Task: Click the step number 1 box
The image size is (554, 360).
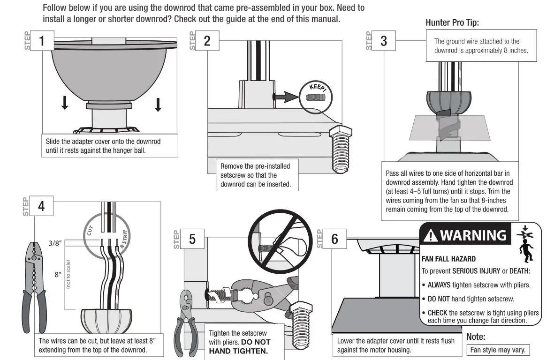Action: (42, 41)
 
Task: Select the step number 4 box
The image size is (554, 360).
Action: (42, 206)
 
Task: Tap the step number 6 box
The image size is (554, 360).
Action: (334, 239)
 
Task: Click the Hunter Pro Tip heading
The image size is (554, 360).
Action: (452, 22)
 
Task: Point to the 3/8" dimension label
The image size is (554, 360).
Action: (55, 243)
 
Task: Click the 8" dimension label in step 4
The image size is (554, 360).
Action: (58, 275)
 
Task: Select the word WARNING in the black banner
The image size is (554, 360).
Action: (473, 235)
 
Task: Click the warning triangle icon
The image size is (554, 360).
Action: (430, 236)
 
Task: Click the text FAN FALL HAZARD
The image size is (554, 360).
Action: (448, 259)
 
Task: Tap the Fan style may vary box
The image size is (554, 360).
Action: (498, 350)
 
